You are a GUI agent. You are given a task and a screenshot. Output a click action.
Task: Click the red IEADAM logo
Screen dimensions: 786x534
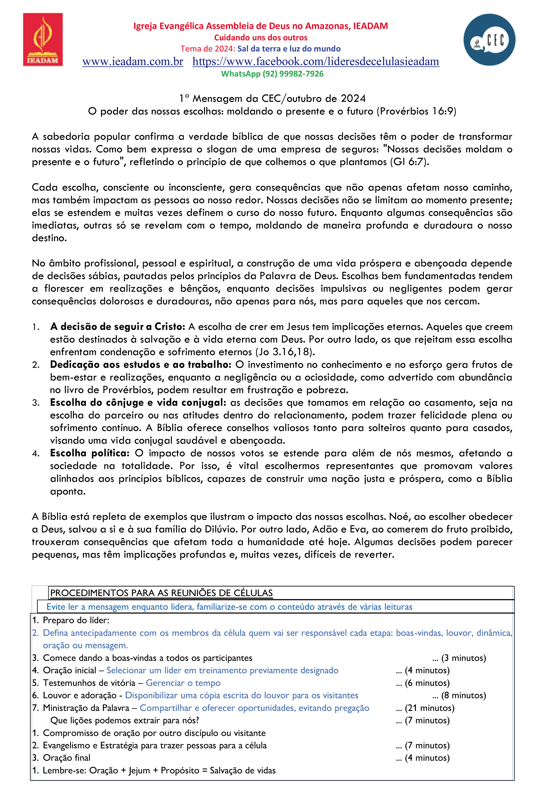click(x=43, y=39)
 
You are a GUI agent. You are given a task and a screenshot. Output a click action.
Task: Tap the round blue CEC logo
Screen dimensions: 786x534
click(x=489, y=40)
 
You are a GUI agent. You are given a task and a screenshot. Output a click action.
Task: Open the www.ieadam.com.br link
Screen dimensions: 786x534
click(x=133, y=62)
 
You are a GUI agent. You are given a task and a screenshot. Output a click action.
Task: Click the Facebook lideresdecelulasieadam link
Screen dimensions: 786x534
click(x=316, y=62)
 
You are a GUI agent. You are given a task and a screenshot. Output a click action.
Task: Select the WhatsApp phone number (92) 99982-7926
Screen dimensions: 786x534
click(x=293, y=74)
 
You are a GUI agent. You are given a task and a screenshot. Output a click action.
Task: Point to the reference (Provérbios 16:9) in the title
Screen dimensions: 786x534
click(x=416, y=111)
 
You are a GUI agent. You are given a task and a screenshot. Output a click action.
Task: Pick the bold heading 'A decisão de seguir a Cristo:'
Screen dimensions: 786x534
click(x=118, y=327)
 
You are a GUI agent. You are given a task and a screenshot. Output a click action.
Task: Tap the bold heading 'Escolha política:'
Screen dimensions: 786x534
click(x=90, y=453)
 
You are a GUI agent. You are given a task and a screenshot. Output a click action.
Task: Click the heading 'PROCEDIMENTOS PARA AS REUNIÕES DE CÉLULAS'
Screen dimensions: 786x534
click(x=161, y=593)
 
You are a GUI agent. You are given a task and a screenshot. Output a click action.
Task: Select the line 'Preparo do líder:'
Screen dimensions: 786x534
click(x=76, y=620)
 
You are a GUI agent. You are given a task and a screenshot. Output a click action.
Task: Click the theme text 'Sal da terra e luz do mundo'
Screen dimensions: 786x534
click(x=289, y=49)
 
